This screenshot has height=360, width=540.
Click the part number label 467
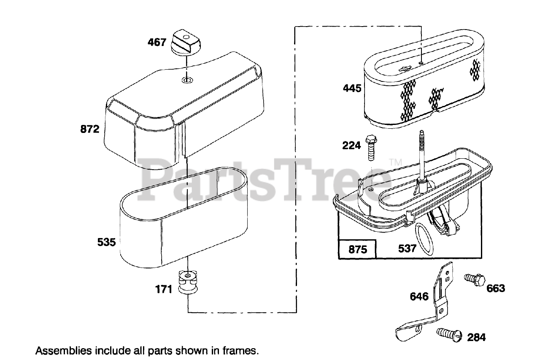click(x=157, y=42)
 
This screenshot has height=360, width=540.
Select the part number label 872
click(x=89, y=129)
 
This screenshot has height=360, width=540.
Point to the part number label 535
click(x=106, y=243)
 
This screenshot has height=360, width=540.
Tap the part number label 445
click(x=352, y=88)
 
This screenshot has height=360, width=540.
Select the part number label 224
click(x=351, y=145)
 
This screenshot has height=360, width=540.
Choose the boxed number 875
click(x=358, y=249)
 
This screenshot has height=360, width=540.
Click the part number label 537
click(x=408, y=249)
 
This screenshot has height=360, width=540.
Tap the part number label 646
click(x=419, y=296)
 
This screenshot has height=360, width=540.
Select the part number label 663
click(x=496, y=288)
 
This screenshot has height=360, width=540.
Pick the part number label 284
click(x=476, y=337)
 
